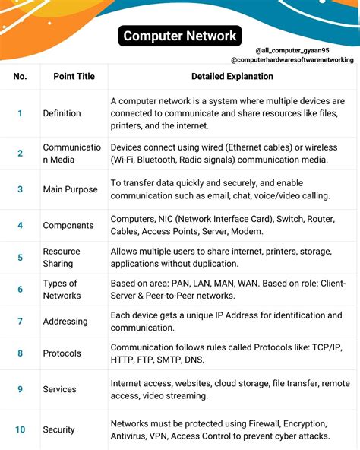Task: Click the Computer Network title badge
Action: pos(180,35)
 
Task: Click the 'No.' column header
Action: pos(20,76)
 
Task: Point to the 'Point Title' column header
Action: pos(74,76)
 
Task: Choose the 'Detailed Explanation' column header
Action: pos(232,76)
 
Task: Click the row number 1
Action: pos(20,113)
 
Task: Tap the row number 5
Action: pos(20,258)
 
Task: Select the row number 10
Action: pos(20,429)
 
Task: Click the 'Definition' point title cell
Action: pos(62,113)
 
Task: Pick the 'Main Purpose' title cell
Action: pos(70,189)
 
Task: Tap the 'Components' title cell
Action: pos(68,225)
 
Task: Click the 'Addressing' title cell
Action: pos(65,322)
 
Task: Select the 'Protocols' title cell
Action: pos(62,353)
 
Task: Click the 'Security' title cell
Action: pos(59,429)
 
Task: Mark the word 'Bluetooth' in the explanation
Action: pos(163,160)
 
